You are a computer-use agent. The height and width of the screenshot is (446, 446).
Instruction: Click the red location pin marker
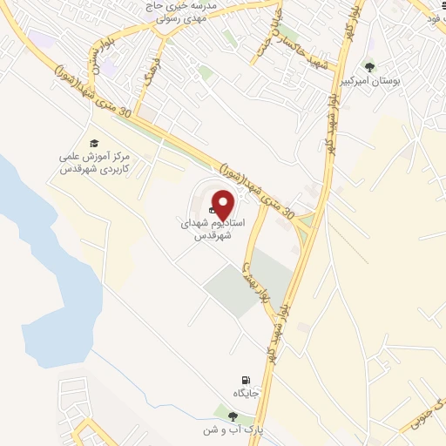[x=223, y=204]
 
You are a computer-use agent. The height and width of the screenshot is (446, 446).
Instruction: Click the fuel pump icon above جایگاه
[x=247, y=381]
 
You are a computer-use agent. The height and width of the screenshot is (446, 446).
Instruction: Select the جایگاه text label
[x=247, y=395]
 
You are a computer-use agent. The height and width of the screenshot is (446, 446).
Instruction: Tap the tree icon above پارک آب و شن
[x=232, y=416]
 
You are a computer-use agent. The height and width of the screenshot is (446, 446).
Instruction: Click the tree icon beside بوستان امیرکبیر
[x=369, y=66]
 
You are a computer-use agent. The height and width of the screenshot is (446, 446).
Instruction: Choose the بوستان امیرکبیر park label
[x=396, y=79]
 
